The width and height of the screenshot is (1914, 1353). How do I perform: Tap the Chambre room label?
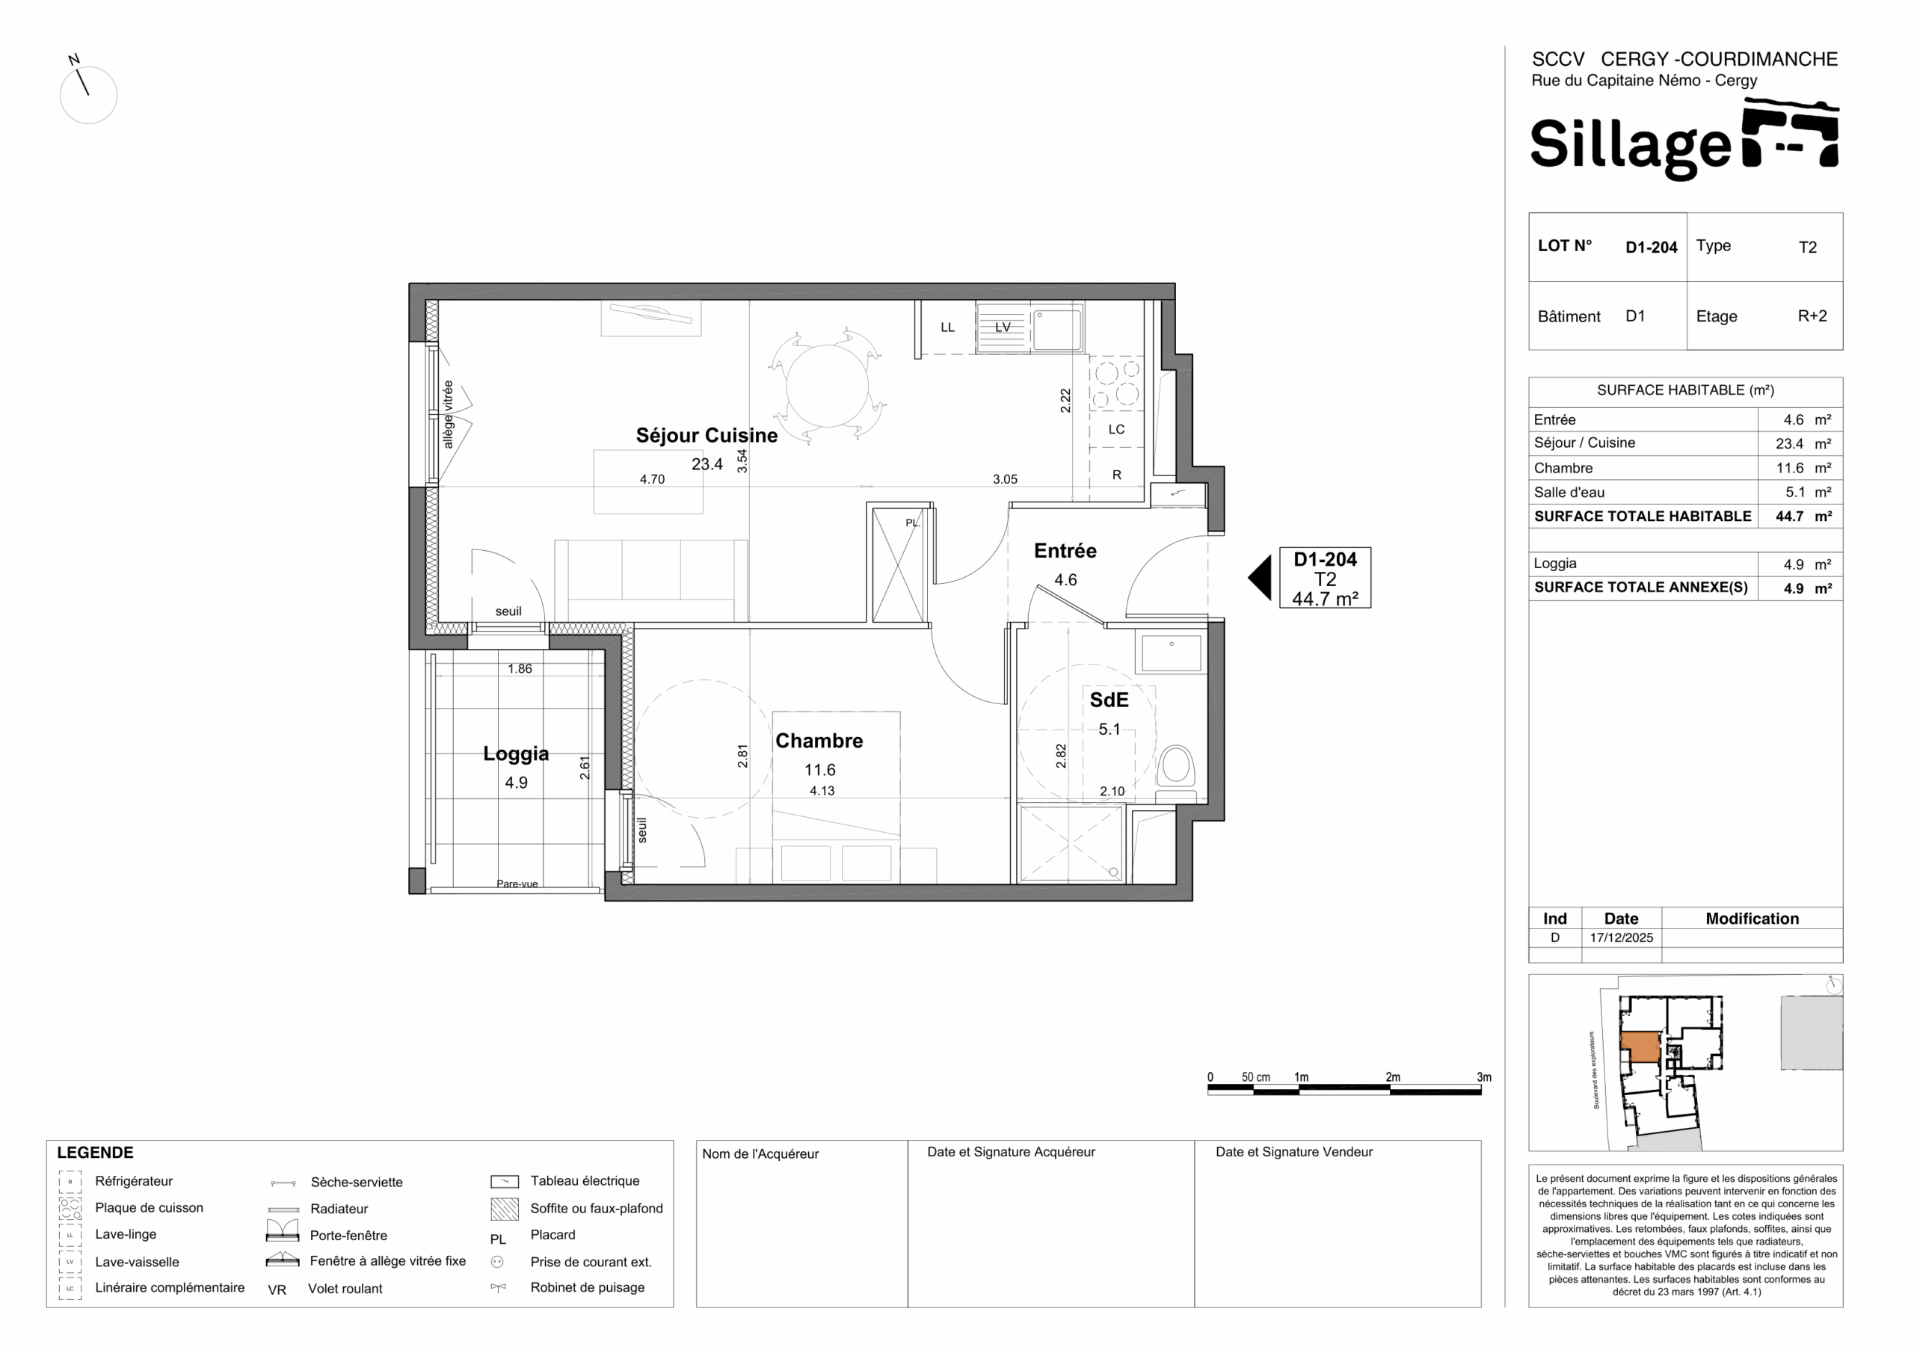pos(819,740)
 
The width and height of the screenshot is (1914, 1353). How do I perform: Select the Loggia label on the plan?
pos(516,753)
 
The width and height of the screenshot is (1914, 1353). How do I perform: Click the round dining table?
pos(827,385)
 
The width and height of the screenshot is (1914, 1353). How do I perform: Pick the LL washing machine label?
pos(947,327)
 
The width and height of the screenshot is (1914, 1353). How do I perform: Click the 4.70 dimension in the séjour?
pos(652,479)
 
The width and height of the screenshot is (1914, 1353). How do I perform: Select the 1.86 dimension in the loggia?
pos(520,668)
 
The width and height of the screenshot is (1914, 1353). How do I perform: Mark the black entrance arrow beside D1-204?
pos(1261,578)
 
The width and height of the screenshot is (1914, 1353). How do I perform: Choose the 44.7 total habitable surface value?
pos(1789,516)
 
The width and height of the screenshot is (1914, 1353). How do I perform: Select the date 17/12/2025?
pos(1622,937)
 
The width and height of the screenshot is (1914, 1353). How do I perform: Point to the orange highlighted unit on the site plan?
pos(1640,1047)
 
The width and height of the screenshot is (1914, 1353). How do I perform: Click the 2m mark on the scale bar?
pos(1393,1077)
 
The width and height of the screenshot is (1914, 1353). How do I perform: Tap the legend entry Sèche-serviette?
pos(357,1182)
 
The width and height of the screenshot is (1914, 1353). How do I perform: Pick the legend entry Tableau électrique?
pos(585,1180)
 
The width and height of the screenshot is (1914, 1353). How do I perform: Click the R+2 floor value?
pos(1812,316)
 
